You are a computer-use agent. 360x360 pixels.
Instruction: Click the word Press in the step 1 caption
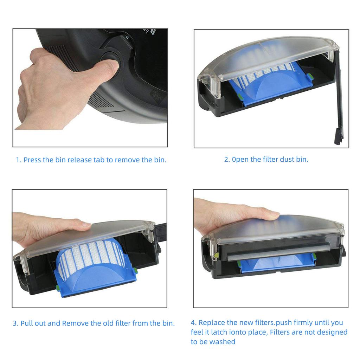32,160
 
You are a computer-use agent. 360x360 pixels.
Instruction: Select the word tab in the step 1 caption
99,160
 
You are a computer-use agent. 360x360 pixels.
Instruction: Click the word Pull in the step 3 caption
26,323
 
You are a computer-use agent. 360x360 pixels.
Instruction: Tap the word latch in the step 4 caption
220,332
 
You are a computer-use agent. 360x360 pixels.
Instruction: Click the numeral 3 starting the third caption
15,323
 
